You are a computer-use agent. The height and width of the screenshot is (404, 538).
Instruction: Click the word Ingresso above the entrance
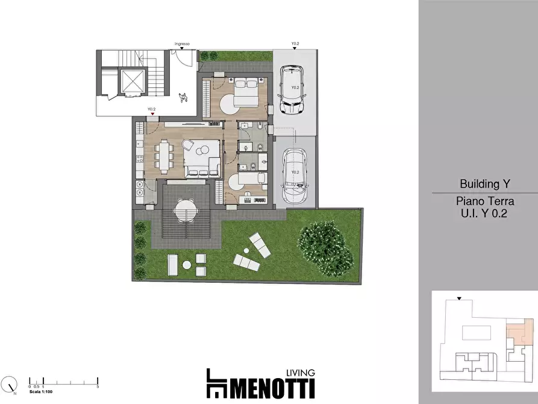(x=182, y=44)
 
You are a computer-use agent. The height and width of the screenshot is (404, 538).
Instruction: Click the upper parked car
(x=293, y=90)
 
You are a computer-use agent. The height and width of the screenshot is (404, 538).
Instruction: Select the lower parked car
(x=295, y=174)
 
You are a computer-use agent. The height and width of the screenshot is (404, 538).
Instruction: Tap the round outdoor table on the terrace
(x=186, y=211)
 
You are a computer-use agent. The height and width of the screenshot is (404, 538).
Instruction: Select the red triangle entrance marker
(x=154, y=113)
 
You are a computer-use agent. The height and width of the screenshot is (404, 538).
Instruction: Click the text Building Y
(x=480, y=183)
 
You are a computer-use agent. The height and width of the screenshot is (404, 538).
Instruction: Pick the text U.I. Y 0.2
(x=480, y=213)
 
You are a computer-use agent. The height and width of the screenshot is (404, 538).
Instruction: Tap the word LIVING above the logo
(x=299, y=373)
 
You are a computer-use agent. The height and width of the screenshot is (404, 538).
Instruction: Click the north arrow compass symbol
(x=10, y=384)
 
